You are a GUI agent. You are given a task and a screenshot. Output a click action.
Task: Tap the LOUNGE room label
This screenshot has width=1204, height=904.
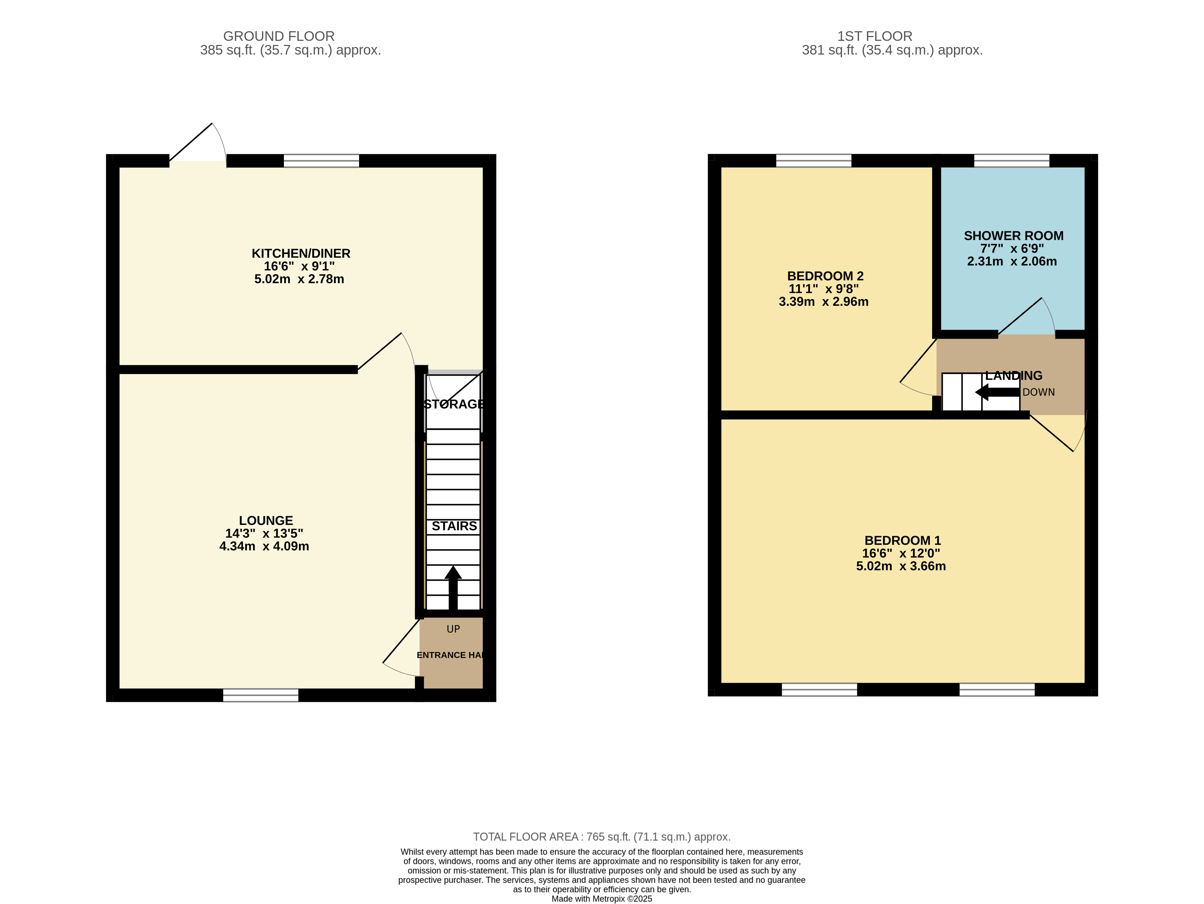click(x=266, y=521)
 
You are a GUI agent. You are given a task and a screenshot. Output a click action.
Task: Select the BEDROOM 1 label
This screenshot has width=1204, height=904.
click(x=903, y=541)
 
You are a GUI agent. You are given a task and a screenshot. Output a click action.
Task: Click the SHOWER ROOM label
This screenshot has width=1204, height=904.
click(x=1013, y=236)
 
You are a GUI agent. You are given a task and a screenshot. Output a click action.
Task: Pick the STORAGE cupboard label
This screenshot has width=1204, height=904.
click(x=454, y=404)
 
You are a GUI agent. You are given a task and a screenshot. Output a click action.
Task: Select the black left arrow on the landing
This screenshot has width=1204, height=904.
click(x=997, y=392)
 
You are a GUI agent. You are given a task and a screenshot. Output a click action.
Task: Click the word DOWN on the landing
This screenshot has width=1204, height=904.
click(x=1039, y=392)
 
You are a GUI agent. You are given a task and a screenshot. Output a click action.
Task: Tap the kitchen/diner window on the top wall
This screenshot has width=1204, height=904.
click(x=321, y=161)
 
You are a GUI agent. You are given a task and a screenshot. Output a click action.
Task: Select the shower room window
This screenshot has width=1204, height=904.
click(x=1011, y=161)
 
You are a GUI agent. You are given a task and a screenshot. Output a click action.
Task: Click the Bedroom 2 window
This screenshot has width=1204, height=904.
click(x=813, y=161)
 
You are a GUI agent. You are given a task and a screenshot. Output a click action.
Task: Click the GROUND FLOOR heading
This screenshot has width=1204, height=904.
click(x=279, y=36)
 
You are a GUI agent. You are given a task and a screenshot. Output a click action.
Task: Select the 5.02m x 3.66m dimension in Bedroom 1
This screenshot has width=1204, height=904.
click(x=901, y=566)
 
